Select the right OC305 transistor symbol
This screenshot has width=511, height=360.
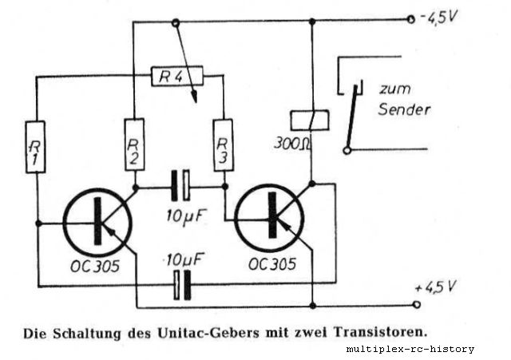tap(271, 216)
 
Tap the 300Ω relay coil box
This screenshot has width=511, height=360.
tap(309, 118)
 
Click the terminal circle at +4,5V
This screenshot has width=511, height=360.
tap(415, 304)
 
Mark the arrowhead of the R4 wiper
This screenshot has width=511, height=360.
tap(193, 99)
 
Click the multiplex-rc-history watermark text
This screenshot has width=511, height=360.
tap(410, 349)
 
